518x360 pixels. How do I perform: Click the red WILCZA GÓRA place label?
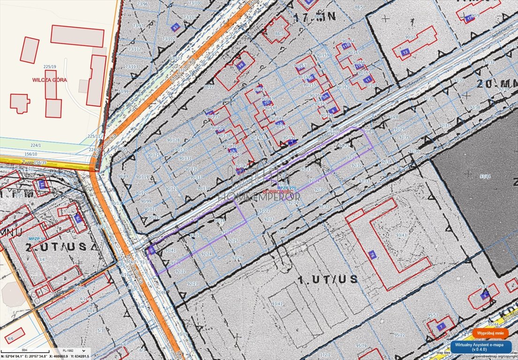[x=49, y=80]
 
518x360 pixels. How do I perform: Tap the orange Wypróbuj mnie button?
[x=490, y=333]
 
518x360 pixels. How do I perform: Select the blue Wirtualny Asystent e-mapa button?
[x=480, y=346]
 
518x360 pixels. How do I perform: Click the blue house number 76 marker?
[x=372, y=255]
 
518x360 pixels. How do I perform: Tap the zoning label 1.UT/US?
[x=328, y=279]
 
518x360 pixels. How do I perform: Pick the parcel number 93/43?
[x=401, y=235]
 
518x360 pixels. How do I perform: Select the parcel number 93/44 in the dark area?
[x=485, y=176]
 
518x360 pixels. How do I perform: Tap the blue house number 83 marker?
[x=176, y=27]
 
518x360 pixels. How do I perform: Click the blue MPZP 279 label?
[x=287, y=187]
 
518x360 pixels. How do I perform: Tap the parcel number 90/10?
[x=411, y=36]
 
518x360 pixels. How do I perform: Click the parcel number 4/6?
[x=8, y=337]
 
